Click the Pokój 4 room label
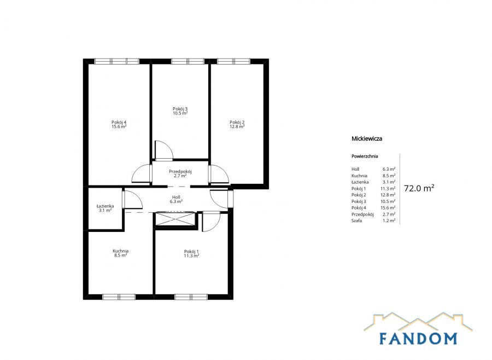[x=119, y=122]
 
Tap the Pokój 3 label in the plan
[x=180, y=109]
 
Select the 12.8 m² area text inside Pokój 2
[x=237, y=126]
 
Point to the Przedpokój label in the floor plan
[x=180, y=171]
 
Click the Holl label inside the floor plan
[x=176, y=197]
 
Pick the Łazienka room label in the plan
[x=105, y=206]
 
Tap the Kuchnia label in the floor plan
[x=120, y=251]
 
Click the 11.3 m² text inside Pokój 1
[x=191, y=256]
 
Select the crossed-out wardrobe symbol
[x=175, y=219]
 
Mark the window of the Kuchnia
[x=119, y=297]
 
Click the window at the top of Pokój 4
[x=117, y=61]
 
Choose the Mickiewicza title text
[x=367, y=138]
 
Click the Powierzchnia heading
[x=365, y=156]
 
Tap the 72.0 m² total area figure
[x=419, y=188]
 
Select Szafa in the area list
[x=356, y=220]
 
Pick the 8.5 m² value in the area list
[x=389, y=176]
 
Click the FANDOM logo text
[x=418, y=338]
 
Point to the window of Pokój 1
[x=191, y=297]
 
